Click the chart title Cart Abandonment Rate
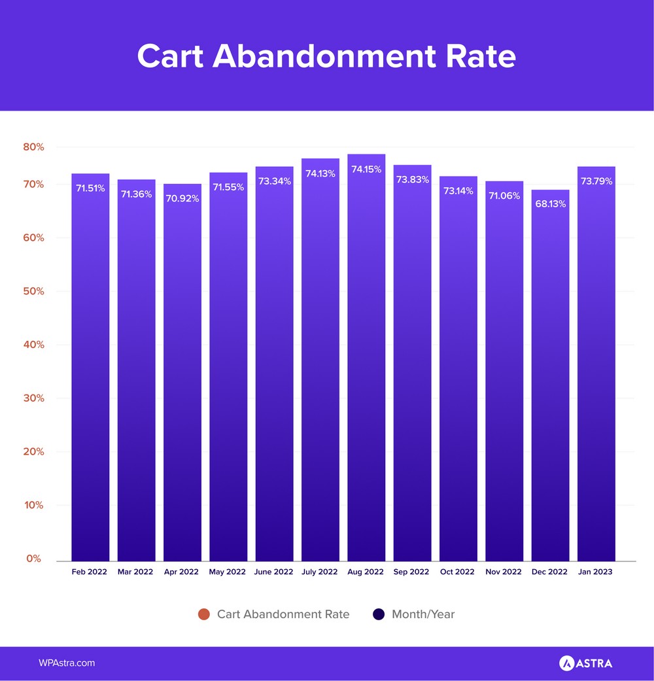coord(326,56)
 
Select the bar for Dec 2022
coord(550,379)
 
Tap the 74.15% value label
coord(366,169)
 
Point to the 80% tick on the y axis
coord(33,147)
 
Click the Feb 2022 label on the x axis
coord(90,572)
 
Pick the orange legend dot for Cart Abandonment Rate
coord(203,614)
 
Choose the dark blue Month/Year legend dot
coord(378,614)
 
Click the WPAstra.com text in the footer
coord(67,663)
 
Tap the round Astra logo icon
coord(566,663)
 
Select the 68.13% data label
coord(550,203)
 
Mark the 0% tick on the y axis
coord(33,559)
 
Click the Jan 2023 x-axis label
coord(596,572)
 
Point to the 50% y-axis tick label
coord(33,291)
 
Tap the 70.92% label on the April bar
coord(182,198)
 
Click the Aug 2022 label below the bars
coord(366,572)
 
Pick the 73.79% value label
coord(596,181)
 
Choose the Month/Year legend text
coord(422,614)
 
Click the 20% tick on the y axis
coord(33,451)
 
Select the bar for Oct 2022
coord(458,373)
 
